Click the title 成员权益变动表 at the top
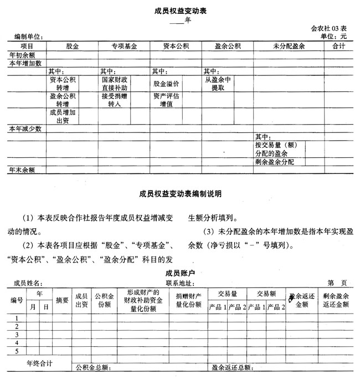[179, 11]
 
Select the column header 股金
[72, 46]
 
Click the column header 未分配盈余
[289, 46]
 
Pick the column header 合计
[338, 46]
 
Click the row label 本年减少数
[25, 129]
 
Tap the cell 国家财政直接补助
[115, 84]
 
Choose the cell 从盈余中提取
[217, 84]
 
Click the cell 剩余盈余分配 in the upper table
[275, 162]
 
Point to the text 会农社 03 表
[328, 28]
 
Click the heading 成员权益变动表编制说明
[180, 194]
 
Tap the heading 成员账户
[180, 273]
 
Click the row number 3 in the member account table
[17, 335]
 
